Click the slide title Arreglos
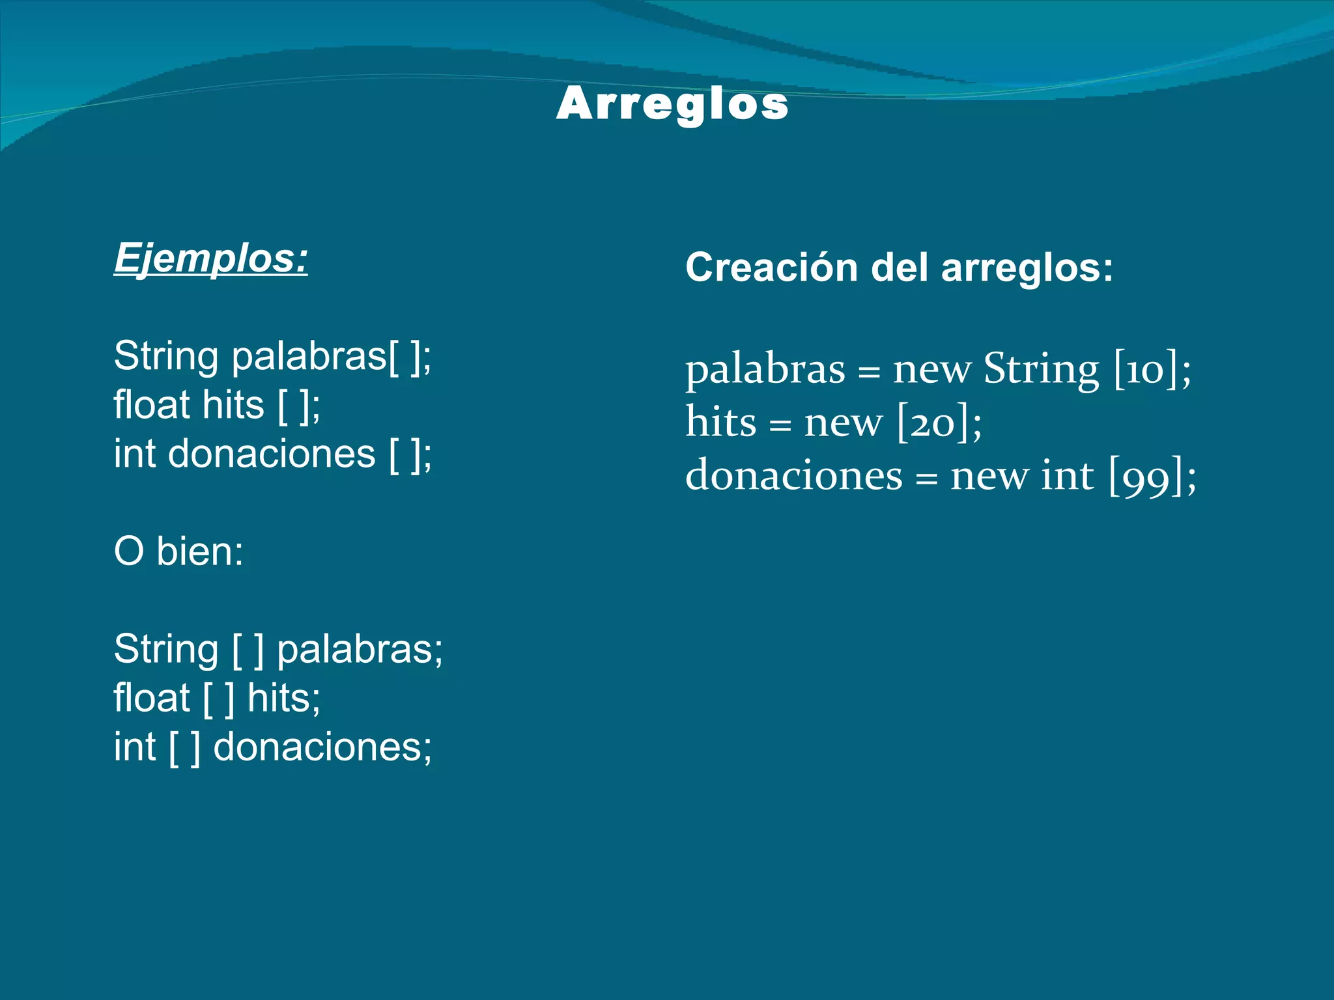pyautogui.click(x=672, y=104)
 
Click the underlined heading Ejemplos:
pyautogui.click(x=210, y=259)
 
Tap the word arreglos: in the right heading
pyautogui.click(x=1027, y=269)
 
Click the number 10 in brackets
pyautogui.click(x=1146, y=370)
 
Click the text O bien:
pyautogui.click(x=178, y=551)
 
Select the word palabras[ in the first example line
pyautogui.click(x=314, y=357)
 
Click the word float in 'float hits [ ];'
pyautogui.click(x=151, y=405)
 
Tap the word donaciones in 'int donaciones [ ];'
pyautogui.click(x=272, y=454)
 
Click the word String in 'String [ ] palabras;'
pyautogui.click(x=166, y=649)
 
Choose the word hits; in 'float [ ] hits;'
pyautogui.click(x=284, y=698)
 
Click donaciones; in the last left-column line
pyautogui.click(x=322, y=747)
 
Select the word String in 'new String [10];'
pyautogui.click(x=1041, y=369)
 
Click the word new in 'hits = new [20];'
pyautogui.click(x=843, y=423)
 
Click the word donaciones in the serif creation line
pyautogui.click(x=794, y=475)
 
